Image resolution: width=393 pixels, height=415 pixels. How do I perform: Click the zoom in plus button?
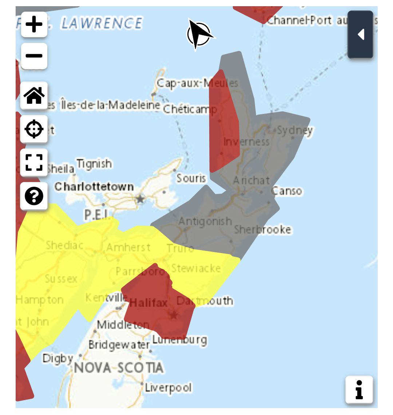(34, 24)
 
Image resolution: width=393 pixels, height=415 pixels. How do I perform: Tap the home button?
(34, 95)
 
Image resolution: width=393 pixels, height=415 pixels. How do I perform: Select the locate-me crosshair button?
(34, 129)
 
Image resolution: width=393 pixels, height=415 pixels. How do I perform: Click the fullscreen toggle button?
(34, 162)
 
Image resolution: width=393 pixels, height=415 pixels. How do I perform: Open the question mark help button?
(34, 196)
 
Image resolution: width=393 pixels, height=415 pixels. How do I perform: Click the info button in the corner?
(359, 390)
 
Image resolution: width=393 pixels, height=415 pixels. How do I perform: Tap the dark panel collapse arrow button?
(360, 35)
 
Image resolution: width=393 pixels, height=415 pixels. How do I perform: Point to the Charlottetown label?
(94, 187)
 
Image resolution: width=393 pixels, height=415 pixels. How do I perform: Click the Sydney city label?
(295, 130)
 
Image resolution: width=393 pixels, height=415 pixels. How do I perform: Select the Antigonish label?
(205, 221)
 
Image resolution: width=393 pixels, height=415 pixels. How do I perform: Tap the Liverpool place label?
(168, 388)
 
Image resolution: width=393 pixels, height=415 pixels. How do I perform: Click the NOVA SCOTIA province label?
(119, 368)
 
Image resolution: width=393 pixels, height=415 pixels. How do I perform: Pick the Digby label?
(58, 358)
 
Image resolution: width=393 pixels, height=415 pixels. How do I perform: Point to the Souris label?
(191, 178)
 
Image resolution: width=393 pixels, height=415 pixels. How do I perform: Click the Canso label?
(287, 191)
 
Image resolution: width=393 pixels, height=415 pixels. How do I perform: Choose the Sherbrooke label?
(262, 230)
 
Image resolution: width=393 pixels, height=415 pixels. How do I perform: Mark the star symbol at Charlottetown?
(140, 199)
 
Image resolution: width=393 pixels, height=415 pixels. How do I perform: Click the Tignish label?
(94, 164)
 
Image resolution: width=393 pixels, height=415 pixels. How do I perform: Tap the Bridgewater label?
(119, 345)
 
